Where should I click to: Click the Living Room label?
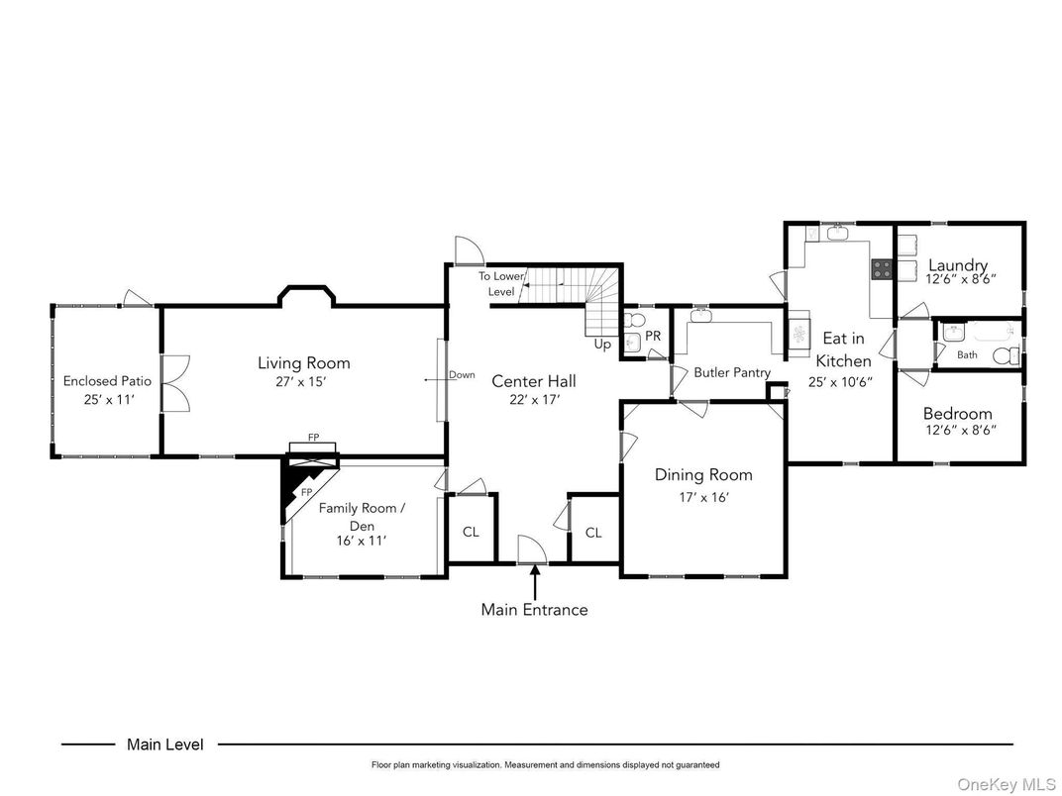[x=304, y=362]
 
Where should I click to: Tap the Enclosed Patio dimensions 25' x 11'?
[x=109, y=399]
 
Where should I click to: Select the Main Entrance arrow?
[x=535, y=579]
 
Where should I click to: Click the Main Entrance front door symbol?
[x=532, y=549]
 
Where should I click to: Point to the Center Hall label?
[x=534, y=381]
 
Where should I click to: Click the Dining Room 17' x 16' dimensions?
[x=703, y=497]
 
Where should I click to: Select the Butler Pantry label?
[x=732, y=372]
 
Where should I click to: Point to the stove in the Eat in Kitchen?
[x=881, y=269]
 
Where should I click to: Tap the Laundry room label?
[x=958, y=265]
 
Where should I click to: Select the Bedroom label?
[x=958, y=414]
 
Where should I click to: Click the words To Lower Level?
[x=501, y=284]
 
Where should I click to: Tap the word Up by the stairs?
[x=602, y=345]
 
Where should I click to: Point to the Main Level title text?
[x=165, y=745]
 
